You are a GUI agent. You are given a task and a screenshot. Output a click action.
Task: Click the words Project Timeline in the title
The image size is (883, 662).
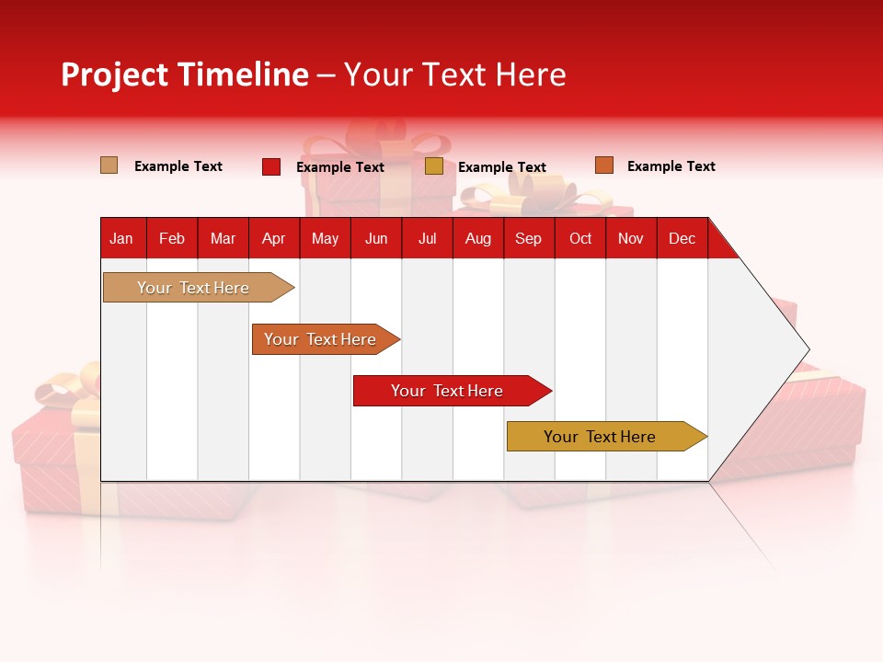(184, 74)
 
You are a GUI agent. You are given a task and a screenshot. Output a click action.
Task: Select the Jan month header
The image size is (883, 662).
(121, 238)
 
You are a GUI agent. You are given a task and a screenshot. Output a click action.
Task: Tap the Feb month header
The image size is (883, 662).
(172, 238)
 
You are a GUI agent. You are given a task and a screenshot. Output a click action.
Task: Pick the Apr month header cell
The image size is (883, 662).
(273, 238)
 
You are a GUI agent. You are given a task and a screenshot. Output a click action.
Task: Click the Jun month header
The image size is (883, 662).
(376, 238)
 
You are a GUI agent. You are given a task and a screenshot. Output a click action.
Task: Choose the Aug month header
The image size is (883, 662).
(477, 238)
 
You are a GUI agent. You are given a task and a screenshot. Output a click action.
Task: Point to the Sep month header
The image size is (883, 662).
(528, 238)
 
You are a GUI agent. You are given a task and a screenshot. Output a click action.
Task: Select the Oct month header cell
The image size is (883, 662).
(580, 238)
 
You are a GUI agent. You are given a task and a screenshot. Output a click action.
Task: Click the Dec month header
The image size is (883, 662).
(682, 238)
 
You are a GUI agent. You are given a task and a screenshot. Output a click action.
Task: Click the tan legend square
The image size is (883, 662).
(109, 165)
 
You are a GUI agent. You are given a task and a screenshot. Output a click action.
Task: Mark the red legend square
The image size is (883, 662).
(271, 166)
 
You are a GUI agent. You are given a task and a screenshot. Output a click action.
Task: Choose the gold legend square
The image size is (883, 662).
(434, 166)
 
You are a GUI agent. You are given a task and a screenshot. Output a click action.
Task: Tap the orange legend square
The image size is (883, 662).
(603, 165)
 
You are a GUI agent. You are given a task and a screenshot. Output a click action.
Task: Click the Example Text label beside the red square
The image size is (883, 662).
(340, 167)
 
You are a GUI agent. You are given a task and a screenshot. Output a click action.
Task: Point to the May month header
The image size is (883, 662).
(325, 238)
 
